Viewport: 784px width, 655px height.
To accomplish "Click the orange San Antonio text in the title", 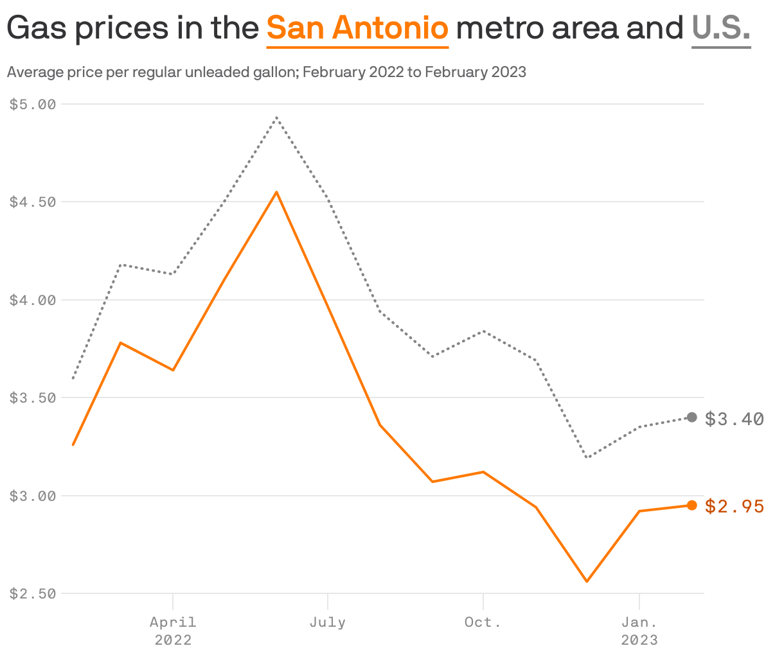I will [x=357, y=29].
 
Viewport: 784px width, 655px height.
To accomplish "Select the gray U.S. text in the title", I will [x=721, y=29].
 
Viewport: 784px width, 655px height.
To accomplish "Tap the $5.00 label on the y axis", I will [x=33, y=104].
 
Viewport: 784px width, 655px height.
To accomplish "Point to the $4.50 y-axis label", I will [x=33, y=202].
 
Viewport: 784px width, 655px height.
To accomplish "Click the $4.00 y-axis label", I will [x=33, y=300].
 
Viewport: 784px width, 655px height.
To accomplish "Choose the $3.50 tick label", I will [x=33, y=397].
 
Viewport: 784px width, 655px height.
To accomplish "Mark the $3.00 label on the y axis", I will [x=33, y=496].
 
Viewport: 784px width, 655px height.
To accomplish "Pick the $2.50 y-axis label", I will [x=33, y=594].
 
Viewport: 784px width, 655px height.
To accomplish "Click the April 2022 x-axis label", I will [x=173, y=631].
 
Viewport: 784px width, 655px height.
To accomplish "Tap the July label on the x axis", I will [x=328, y=622].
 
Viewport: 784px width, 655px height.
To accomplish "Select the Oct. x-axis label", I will [x=483, y=622].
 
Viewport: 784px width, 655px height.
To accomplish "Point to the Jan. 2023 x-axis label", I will [x=639, y=631].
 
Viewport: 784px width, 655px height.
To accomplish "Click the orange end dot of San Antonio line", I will [x=692, y=505].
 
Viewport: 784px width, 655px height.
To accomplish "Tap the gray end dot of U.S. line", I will [x=692, y=417].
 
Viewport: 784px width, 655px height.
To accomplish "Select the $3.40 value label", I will [x=735, y=419].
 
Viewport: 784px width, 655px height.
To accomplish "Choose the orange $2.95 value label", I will [x=735, y=507].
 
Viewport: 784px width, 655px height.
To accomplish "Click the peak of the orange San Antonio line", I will [x=276, y=192].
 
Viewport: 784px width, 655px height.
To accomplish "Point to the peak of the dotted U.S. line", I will [x=276, y=118].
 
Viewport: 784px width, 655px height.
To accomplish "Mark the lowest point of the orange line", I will [x=587, y=582].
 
